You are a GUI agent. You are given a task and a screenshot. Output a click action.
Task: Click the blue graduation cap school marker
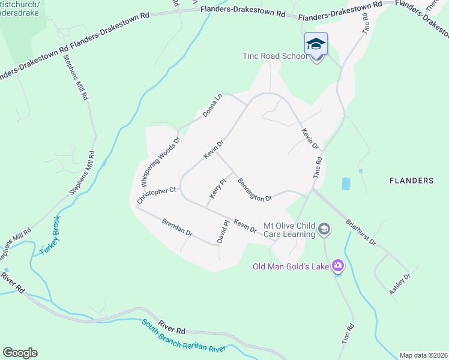(316, 44)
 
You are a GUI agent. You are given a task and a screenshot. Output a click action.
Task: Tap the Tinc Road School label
(275, 56)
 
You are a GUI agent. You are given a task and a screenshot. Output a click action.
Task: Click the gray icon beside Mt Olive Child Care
(324, 229)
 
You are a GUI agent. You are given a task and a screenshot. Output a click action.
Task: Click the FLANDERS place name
(411, 180)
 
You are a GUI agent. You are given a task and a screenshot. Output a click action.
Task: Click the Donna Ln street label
(212, 105)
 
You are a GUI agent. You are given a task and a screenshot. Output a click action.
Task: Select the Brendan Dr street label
(176, 227)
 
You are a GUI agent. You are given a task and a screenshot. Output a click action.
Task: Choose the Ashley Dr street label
(399, 283)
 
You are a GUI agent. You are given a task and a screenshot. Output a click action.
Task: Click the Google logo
(20, 353)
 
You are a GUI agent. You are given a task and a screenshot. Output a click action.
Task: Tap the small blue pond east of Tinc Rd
(346, 184)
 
